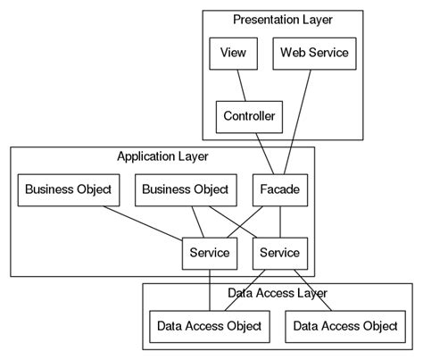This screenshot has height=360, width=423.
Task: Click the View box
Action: [x=233, y=54]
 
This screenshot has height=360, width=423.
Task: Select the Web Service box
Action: [x=314, y=54]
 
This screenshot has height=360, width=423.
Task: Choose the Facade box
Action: [x=281, y=190]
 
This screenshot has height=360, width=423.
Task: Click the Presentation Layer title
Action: [x=282, y=20]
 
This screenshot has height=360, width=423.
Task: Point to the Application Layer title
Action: [x=162, y=157]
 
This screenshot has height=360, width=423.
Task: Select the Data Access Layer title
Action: [x=277, y=293]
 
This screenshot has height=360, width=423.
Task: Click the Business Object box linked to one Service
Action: [x=68, y=190]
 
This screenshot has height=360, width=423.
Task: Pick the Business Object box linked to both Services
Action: [x=185, y=190]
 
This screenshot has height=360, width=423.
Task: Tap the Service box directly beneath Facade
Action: [x=280, y=254]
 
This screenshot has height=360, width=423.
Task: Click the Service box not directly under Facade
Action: [x=209, y=254]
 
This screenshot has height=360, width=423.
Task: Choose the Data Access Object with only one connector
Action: [x=344, y=326]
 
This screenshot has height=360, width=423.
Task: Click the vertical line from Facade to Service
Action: [x=281, y=222]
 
